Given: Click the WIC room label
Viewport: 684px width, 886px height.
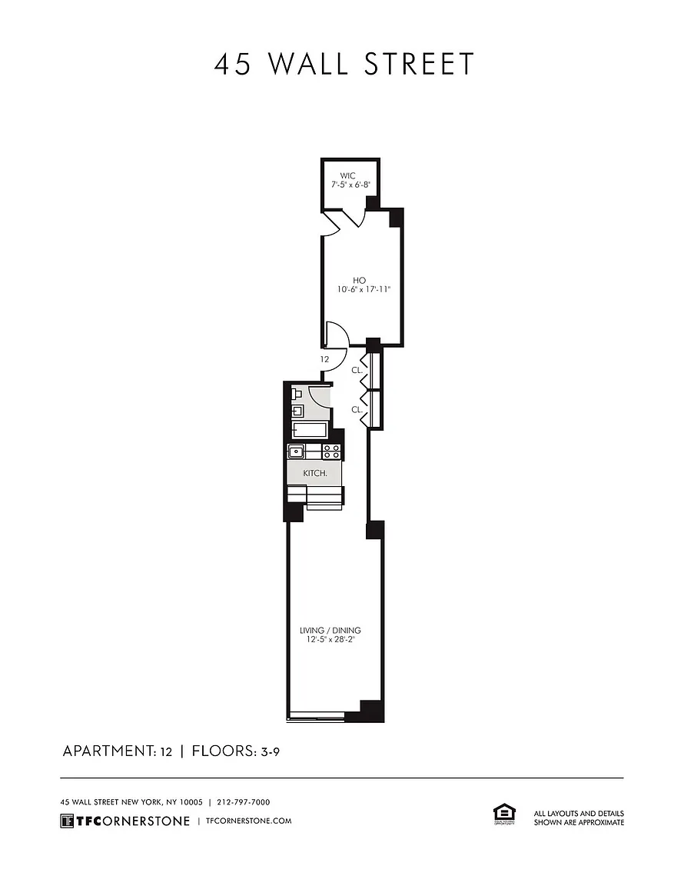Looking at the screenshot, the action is (x=348, y=175).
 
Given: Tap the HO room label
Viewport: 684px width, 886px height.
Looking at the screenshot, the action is (x=359, y=280).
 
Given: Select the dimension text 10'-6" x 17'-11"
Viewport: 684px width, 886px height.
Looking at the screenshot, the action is (x=364, y=289).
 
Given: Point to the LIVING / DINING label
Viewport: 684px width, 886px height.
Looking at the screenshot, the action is (x=330, y=630).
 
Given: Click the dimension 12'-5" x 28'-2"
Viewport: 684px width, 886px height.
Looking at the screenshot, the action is (x=330, y=640).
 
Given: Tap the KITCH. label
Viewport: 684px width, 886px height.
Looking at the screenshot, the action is (x=315, y=473).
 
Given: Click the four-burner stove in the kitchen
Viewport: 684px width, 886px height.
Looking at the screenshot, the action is (x=331, y=451).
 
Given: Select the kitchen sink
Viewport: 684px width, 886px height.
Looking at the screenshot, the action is (x=296, y=451).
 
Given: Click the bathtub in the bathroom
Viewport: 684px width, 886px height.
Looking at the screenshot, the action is (x=310, y=429).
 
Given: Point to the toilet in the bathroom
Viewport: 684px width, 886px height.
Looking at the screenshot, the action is (x=297, y=393).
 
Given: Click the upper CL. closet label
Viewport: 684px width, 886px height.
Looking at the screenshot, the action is (x=357, y=370).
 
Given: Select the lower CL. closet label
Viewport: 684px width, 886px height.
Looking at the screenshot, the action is (x=357, y=410).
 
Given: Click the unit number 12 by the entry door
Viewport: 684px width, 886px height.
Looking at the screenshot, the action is (x=325, y=359).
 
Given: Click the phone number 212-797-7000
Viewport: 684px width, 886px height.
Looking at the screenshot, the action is (x=244, y=802).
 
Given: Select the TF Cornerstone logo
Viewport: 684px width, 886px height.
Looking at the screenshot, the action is (x=125, y=821).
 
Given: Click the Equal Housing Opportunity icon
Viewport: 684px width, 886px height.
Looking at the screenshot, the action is (x=504, y=815).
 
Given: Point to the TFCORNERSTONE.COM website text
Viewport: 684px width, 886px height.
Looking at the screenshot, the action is (x=249, y=821).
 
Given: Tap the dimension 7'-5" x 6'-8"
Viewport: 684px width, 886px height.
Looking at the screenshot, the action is (x=350, y=185).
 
